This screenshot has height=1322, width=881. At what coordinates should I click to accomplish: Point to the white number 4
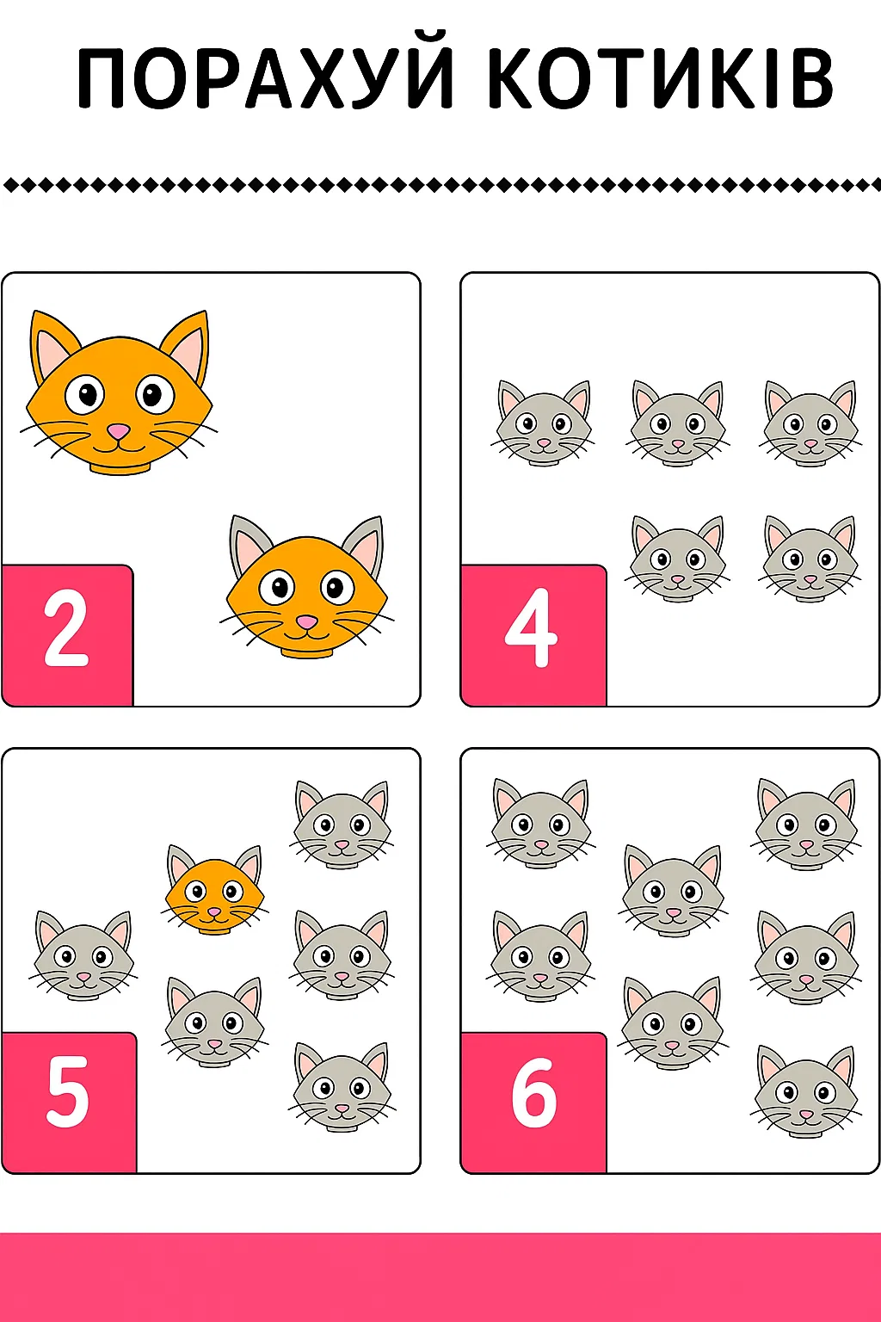tap(531, 628)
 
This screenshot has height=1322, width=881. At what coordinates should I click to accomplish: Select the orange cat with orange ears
tap(119, 392)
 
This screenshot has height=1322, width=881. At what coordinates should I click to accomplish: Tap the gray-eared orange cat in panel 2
tap(307, 587)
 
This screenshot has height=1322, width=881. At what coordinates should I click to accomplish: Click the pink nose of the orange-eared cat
tap(119, 431)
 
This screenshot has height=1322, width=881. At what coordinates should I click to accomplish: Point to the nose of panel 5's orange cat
tap(213, 912)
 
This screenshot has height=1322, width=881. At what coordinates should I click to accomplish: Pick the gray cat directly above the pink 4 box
tap(543, 423)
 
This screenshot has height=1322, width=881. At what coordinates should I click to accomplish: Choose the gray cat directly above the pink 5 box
tap(83, 954)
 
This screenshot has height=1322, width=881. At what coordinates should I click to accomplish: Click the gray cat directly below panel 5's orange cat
tap(214, 1022)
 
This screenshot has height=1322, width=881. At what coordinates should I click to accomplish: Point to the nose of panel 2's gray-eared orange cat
tap(305, 622)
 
